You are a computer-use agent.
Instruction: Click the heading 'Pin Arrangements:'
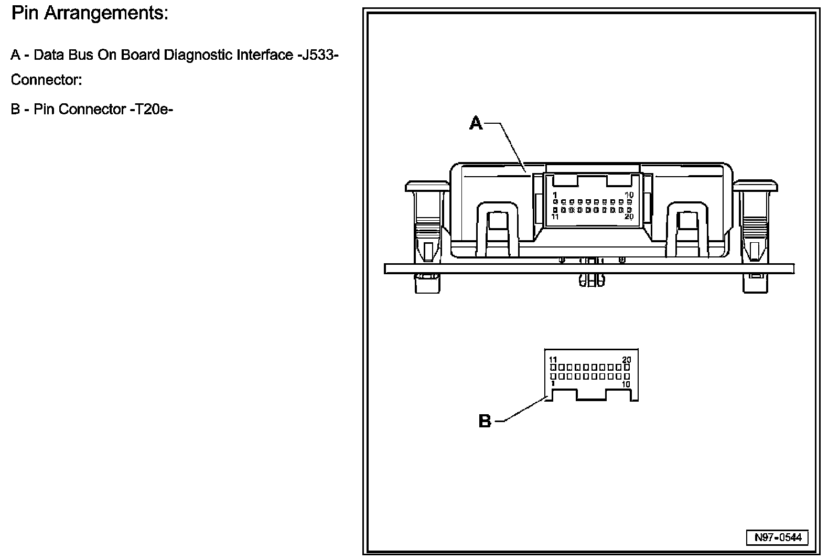90,14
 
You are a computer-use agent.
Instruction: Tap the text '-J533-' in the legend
315,55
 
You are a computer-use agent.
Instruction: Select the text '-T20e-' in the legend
151,109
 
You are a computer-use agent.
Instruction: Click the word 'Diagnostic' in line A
199,55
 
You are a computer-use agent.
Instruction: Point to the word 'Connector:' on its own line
46,80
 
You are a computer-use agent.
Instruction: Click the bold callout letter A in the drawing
475,124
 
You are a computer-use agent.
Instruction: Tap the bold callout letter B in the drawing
485,421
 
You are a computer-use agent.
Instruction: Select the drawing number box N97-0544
778,538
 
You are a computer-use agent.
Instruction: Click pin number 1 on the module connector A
555,195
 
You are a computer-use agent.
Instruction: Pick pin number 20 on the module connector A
629,216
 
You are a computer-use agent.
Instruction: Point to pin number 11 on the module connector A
555,216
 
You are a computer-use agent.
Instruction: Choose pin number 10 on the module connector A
629,195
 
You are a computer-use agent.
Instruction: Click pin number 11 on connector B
553,360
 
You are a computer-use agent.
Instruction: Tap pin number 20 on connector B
627,360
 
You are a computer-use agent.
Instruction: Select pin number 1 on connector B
553,383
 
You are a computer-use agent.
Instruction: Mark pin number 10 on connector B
626,384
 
